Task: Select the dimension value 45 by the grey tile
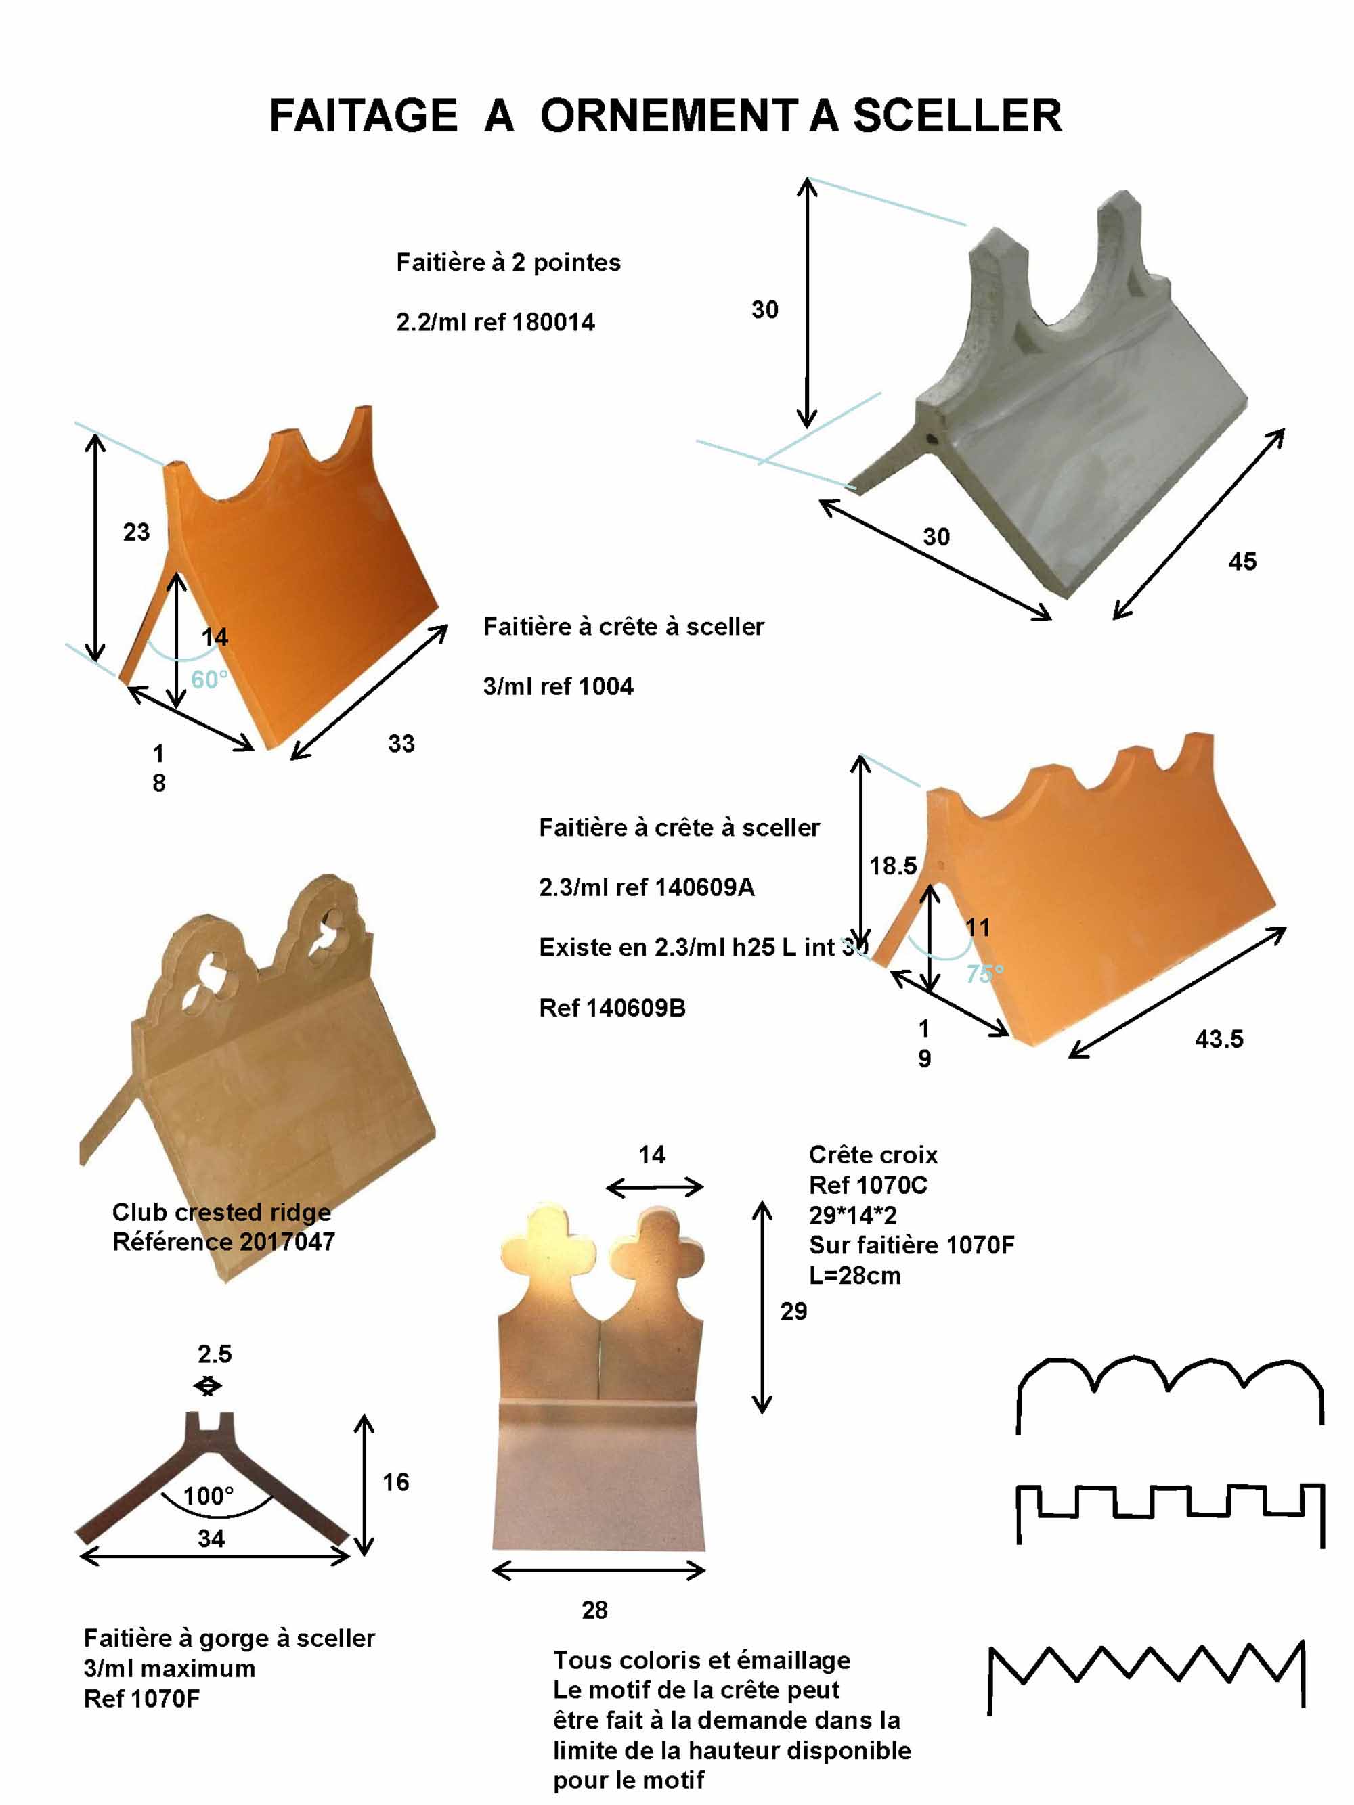1242,562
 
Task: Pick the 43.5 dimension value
1219,1039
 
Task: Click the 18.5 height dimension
893,865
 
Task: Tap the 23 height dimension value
136,532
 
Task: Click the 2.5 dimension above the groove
215,1354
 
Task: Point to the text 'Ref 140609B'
612,1008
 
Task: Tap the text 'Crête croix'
873,1155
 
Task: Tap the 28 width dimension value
594,1610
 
